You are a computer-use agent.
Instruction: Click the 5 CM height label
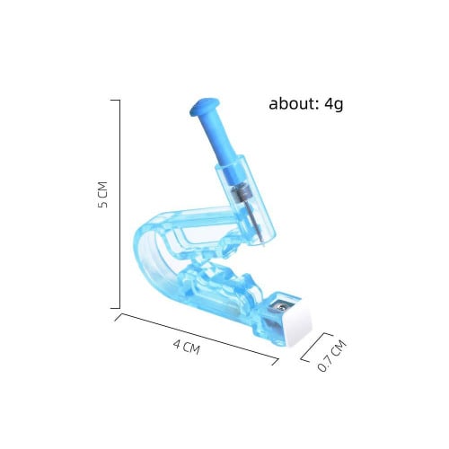pyautogui.click(x=102, y=195)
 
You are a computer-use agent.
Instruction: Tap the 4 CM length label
pyautogui.click(x=187, y=348)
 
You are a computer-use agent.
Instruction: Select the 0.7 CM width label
pyautogui.click(x=331, y=357)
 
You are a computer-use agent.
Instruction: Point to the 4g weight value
pyautogui.click(x=334, y=105)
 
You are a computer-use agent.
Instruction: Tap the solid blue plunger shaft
pyautogui.click(x=221, y=141)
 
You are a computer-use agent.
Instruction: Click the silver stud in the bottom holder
pyautogui.click(x=280, y=305)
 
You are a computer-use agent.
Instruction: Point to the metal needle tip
pyautogui.click(x=263, y=245)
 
